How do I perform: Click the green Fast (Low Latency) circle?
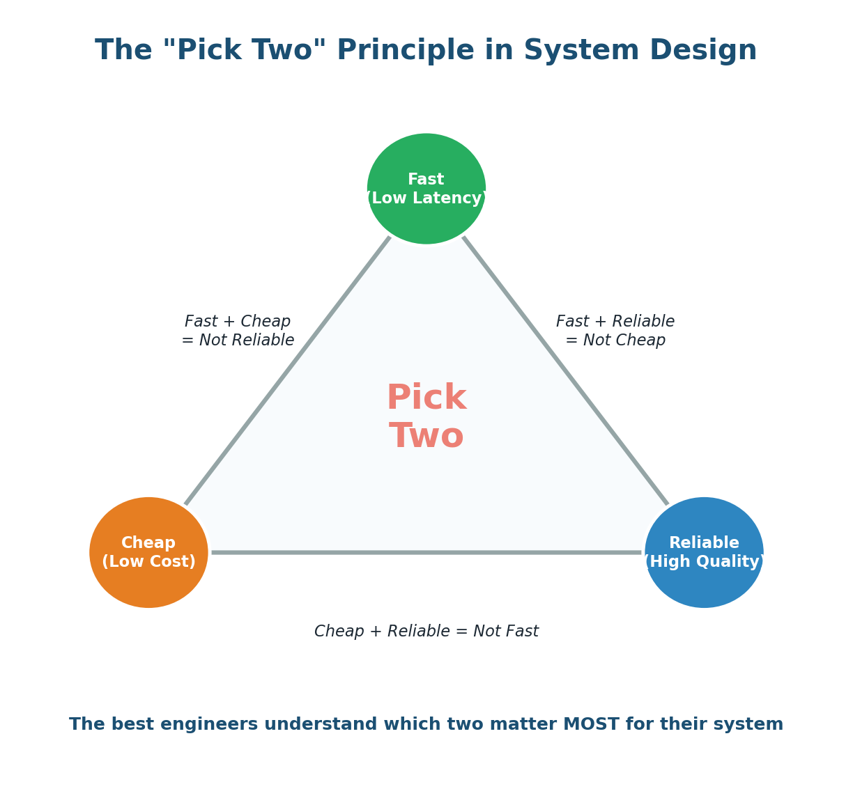pos(426,157)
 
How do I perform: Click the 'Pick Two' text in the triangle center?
pos(426,417)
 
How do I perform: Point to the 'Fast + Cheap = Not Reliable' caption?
pos(238,331)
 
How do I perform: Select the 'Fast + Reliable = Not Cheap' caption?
pos(615,331)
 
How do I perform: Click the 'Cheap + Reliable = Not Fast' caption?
pos(426,632)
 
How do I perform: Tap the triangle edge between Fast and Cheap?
pos(288,370)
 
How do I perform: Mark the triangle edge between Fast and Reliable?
pos(565,370)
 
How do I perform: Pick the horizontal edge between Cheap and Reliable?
pos(426,552)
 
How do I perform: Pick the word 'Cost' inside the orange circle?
pos(169,562)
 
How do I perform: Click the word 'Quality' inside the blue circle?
pos(729,562)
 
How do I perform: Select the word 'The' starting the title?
pos(124,52)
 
